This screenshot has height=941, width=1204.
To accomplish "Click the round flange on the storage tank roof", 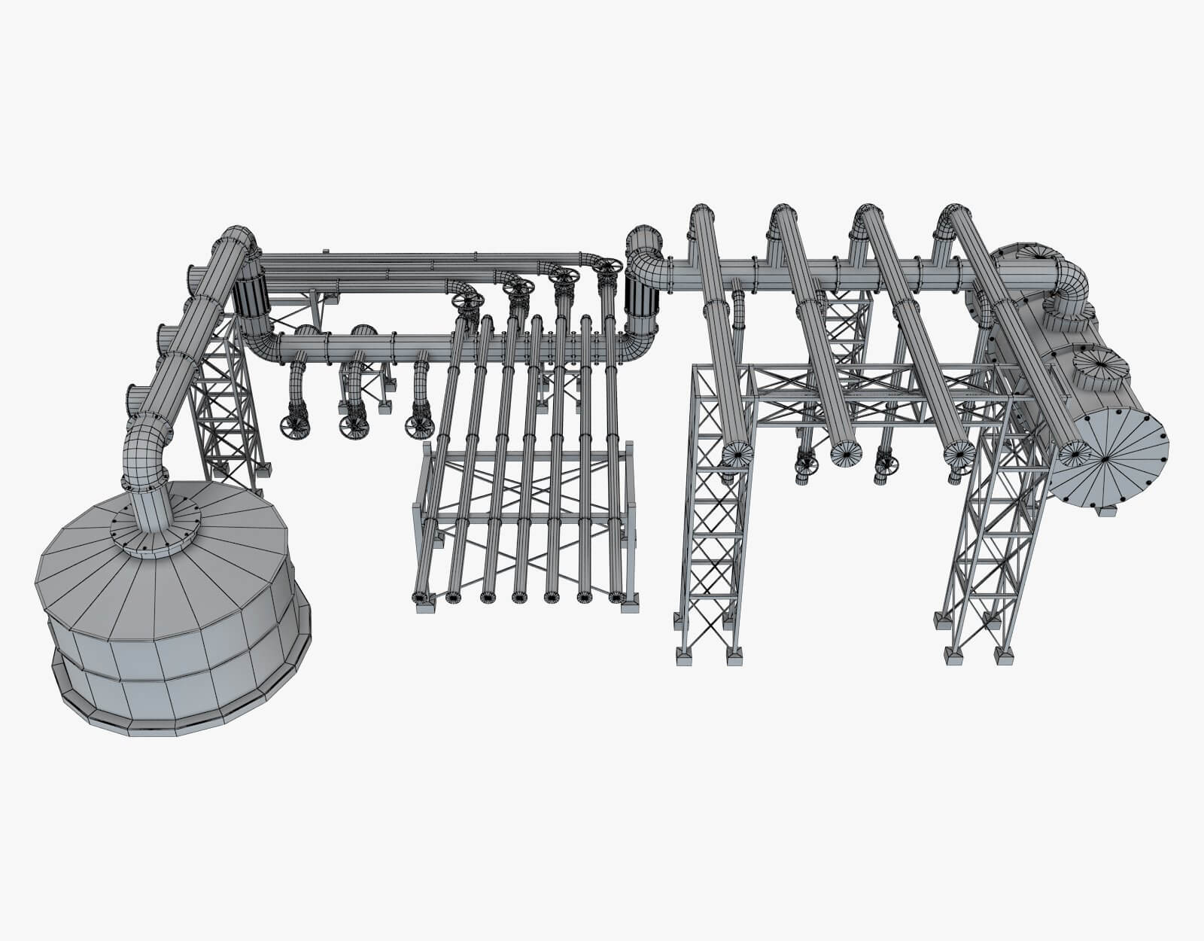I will (156, 525).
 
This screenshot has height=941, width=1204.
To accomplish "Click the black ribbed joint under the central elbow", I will (642, 301).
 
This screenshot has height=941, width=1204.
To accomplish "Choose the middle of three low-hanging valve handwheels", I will (352, 427).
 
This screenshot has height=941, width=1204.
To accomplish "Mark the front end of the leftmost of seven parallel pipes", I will (419, 598).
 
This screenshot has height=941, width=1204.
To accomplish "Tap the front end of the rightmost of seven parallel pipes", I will (616, 598).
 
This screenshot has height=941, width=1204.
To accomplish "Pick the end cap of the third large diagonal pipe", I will (959, 453).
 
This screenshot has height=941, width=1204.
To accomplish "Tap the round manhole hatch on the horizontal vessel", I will (1100, 369).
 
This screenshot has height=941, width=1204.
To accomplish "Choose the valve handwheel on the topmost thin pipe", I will (607, 266).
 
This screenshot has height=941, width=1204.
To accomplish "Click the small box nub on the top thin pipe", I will (324, 251).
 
